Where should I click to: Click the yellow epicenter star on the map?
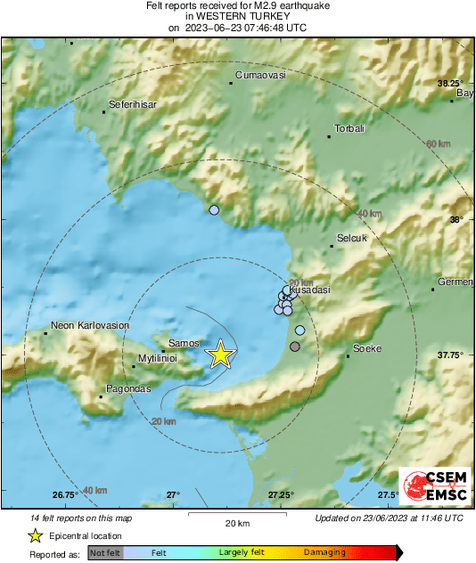(220, 355)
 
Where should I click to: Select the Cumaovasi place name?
(259, 76)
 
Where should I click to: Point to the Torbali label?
(349, 129)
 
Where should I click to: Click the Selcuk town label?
(352, 240)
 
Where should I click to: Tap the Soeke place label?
(367, 348)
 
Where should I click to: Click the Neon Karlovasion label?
(90, 326)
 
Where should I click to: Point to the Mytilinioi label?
(158, 358)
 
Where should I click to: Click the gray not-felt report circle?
(295, 346)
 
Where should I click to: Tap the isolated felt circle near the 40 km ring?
(213, 210)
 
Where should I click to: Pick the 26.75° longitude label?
(63, 494)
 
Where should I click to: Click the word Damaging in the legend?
(324, 552)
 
